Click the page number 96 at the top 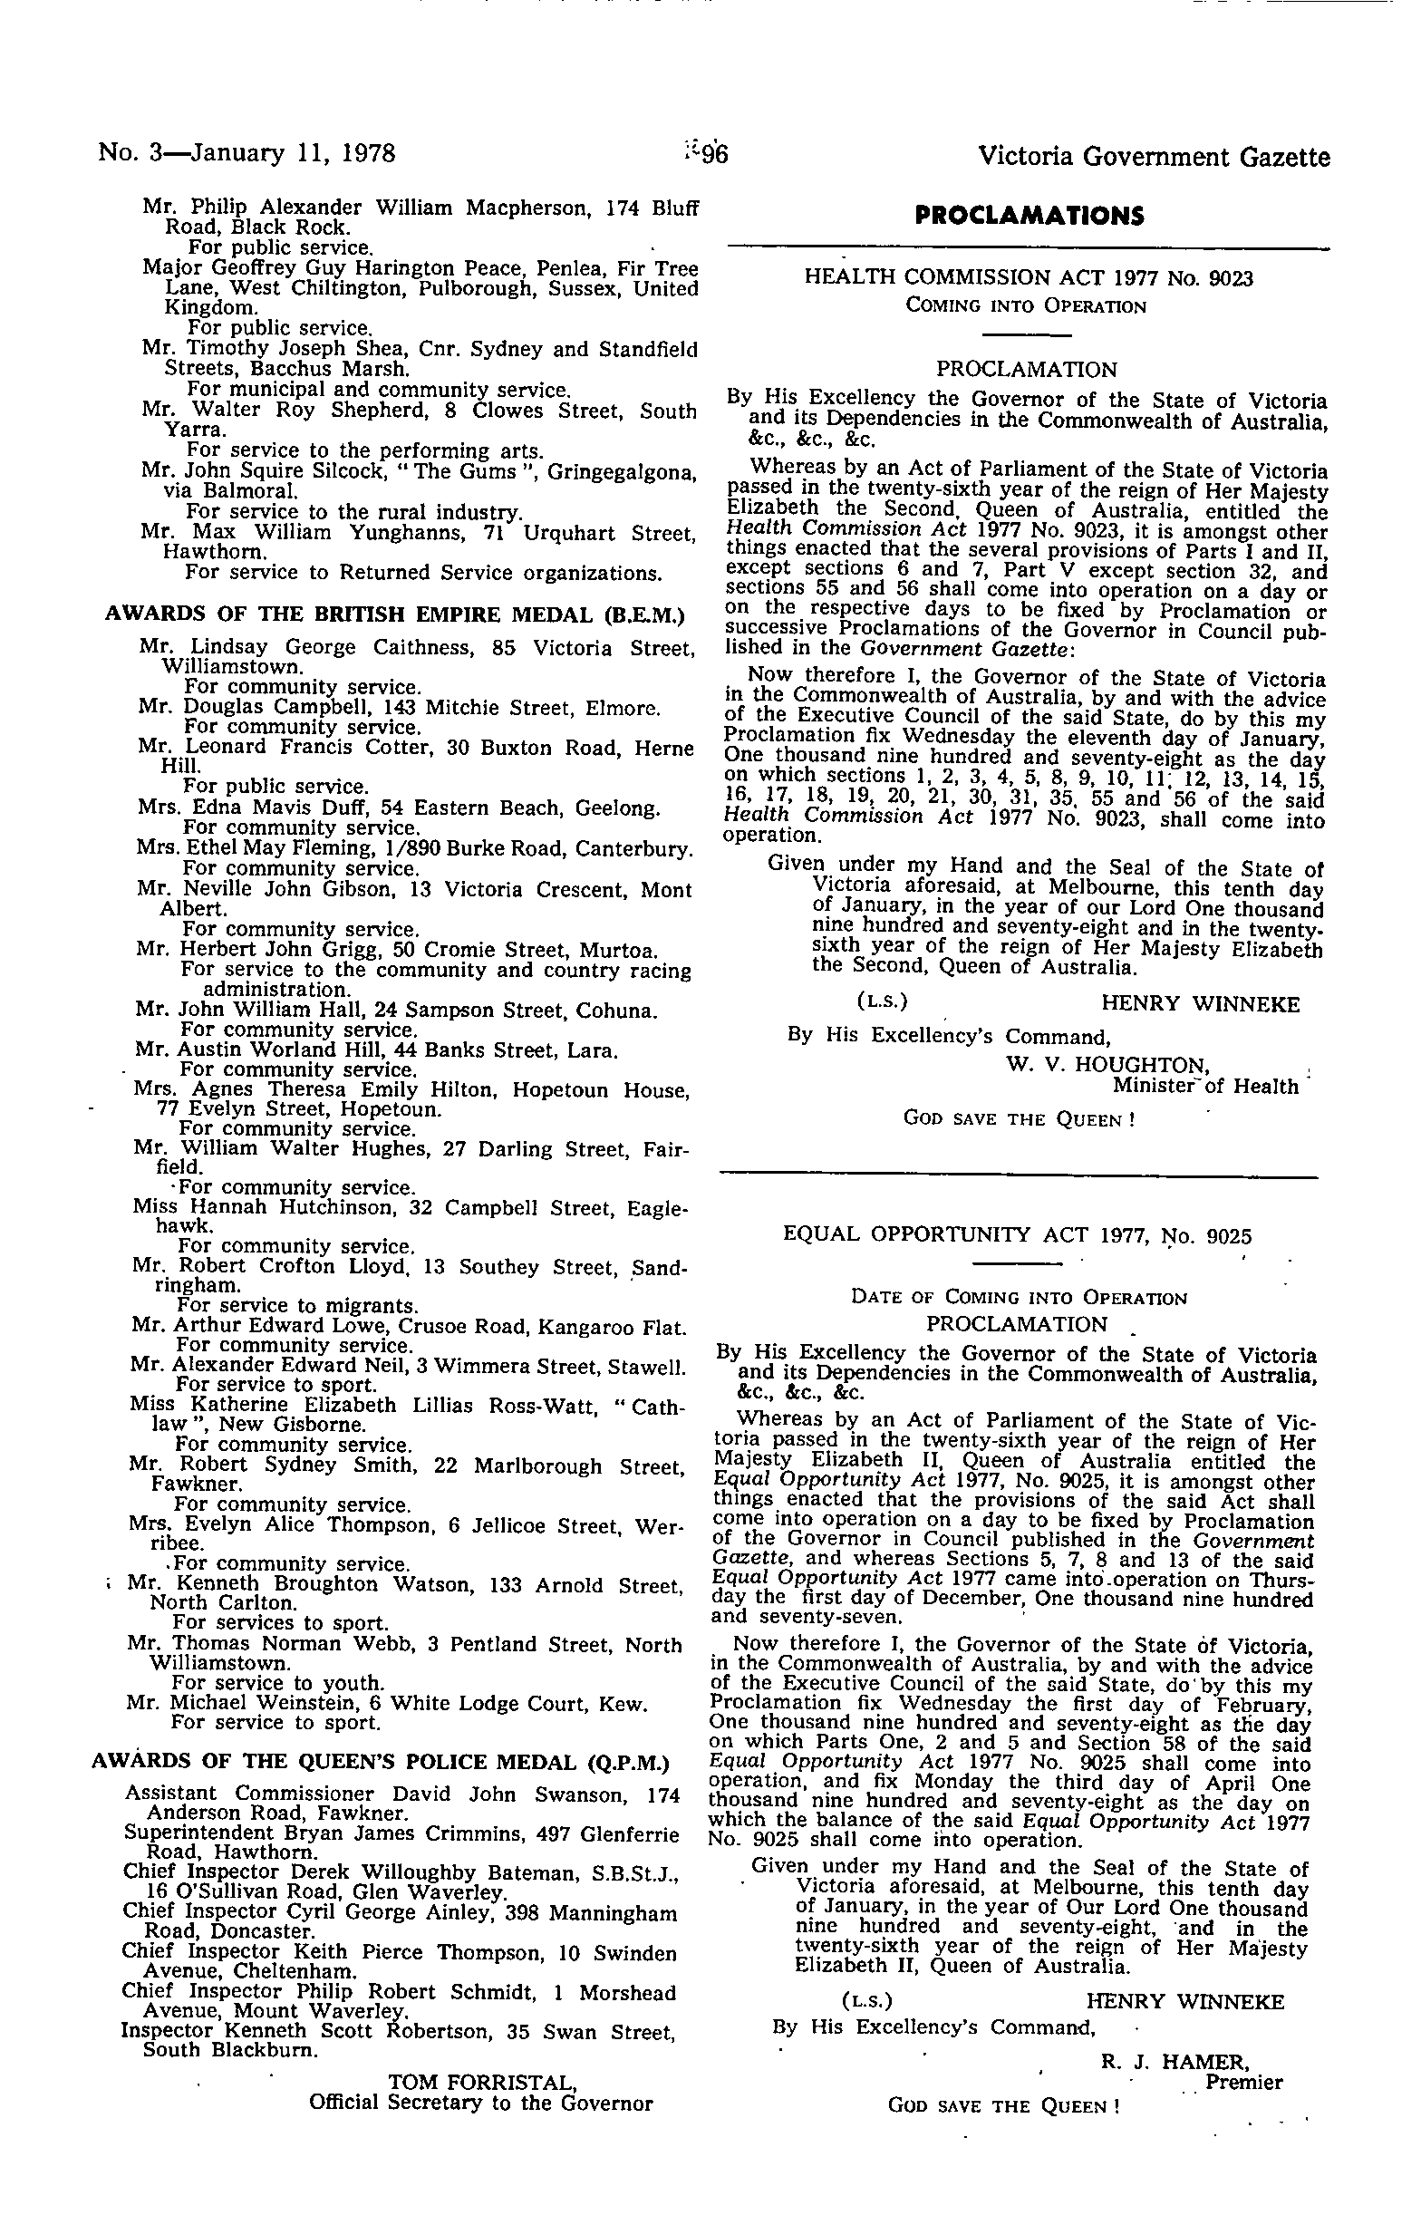(713, 155)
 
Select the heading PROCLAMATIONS (1029, 216)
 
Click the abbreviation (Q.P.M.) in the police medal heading (626, 1762)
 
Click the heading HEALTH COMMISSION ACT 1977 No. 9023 (1029, 277)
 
